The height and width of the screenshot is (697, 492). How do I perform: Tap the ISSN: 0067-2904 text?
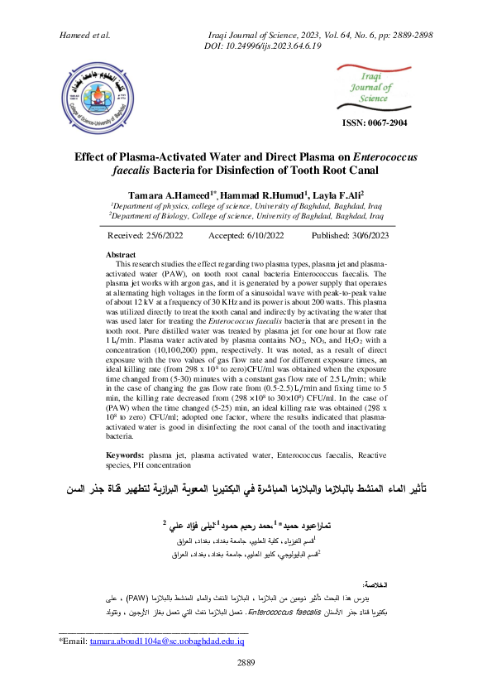[375, 123]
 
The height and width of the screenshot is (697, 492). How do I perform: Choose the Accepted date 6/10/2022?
[246, 235]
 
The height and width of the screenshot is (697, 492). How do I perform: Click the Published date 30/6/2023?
[344, 235]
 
